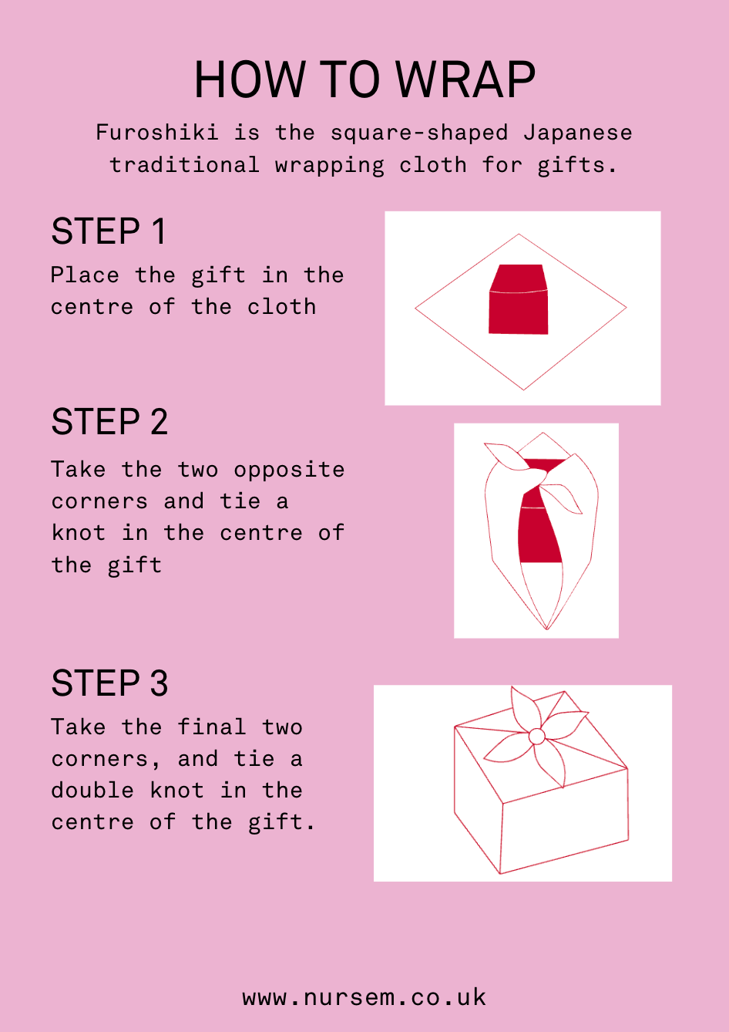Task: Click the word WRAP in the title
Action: [x=465, y=79]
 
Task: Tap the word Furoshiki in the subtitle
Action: [x=157, y=132]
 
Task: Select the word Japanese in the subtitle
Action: [x=578, y=133]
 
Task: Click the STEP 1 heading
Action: [x=108, y=231]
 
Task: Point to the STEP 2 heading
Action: [x=109, y=421]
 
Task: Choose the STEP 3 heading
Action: [x=109, y=683]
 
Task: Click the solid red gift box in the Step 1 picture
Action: [x=518, y=299]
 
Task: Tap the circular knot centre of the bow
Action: [x=536, y=737]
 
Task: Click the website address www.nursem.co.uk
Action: [x=364, y=997]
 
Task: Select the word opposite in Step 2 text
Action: [x=289, y=470]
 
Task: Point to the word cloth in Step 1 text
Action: [x=282, y=306]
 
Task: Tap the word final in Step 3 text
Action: [x=212, y=727]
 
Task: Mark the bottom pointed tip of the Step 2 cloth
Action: [x=547, y=629]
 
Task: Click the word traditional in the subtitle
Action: [x=184, y=164]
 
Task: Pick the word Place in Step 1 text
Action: [x=85, y=275]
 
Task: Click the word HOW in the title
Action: [x=250, y=79]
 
